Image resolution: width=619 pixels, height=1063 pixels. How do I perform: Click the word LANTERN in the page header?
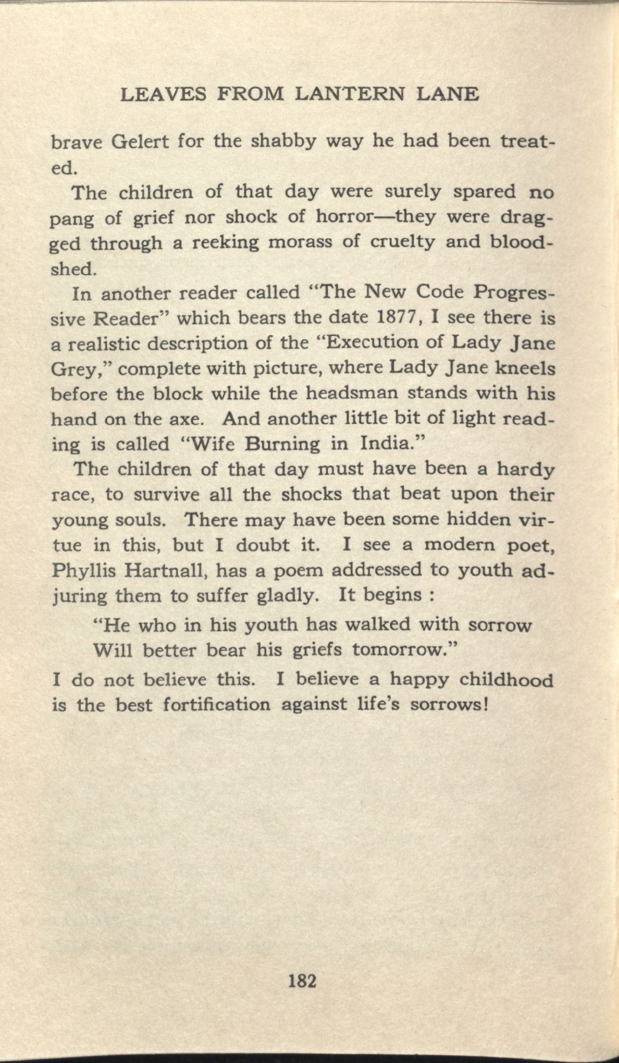tap(350, 94)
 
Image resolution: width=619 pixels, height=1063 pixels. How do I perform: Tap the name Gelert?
tap(140, 143)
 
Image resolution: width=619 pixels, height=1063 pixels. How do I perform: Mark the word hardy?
tap(526, 470)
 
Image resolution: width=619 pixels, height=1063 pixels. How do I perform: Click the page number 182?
tap(303, 982)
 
